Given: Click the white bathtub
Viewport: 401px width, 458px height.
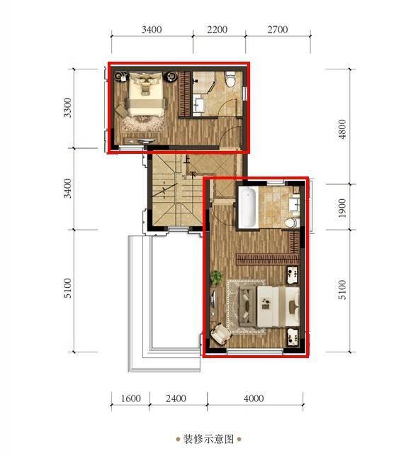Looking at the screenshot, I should [247, 207].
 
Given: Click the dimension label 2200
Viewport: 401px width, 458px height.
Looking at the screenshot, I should [217, 30].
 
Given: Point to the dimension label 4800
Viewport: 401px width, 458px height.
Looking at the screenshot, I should [342, 128].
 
